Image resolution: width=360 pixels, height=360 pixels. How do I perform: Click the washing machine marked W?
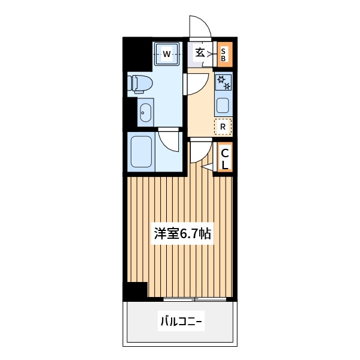[x=166, y=54]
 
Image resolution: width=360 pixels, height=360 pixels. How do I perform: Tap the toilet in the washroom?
[x=140, y=84]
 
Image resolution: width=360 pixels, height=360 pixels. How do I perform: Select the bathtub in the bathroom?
[x=141, y=152]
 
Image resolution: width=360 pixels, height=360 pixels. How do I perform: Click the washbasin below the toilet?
[x=145, y=113]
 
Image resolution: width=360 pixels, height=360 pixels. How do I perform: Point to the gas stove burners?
[x=224, y=82]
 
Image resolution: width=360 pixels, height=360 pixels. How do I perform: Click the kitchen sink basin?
[x=223, y=106]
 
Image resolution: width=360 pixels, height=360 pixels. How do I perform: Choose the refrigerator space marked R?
[x=223, y=126]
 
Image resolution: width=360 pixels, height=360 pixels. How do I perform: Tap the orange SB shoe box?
[x=225, y=55]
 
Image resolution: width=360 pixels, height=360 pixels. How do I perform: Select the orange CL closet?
[x=225, y=157]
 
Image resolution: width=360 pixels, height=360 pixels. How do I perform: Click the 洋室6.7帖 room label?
[x=182, y=234]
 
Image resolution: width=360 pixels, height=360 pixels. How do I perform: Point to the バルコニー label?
[x=181, y=321]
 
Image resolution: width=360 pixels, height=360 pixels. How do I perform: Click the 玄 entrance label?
[x=200, y=53]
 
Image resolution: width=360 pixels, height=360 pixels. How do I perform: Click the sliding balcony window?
[x=194, y=299]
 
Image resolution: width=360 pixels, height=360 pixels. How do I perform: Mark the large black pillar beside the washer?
[x=137, y=54]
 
